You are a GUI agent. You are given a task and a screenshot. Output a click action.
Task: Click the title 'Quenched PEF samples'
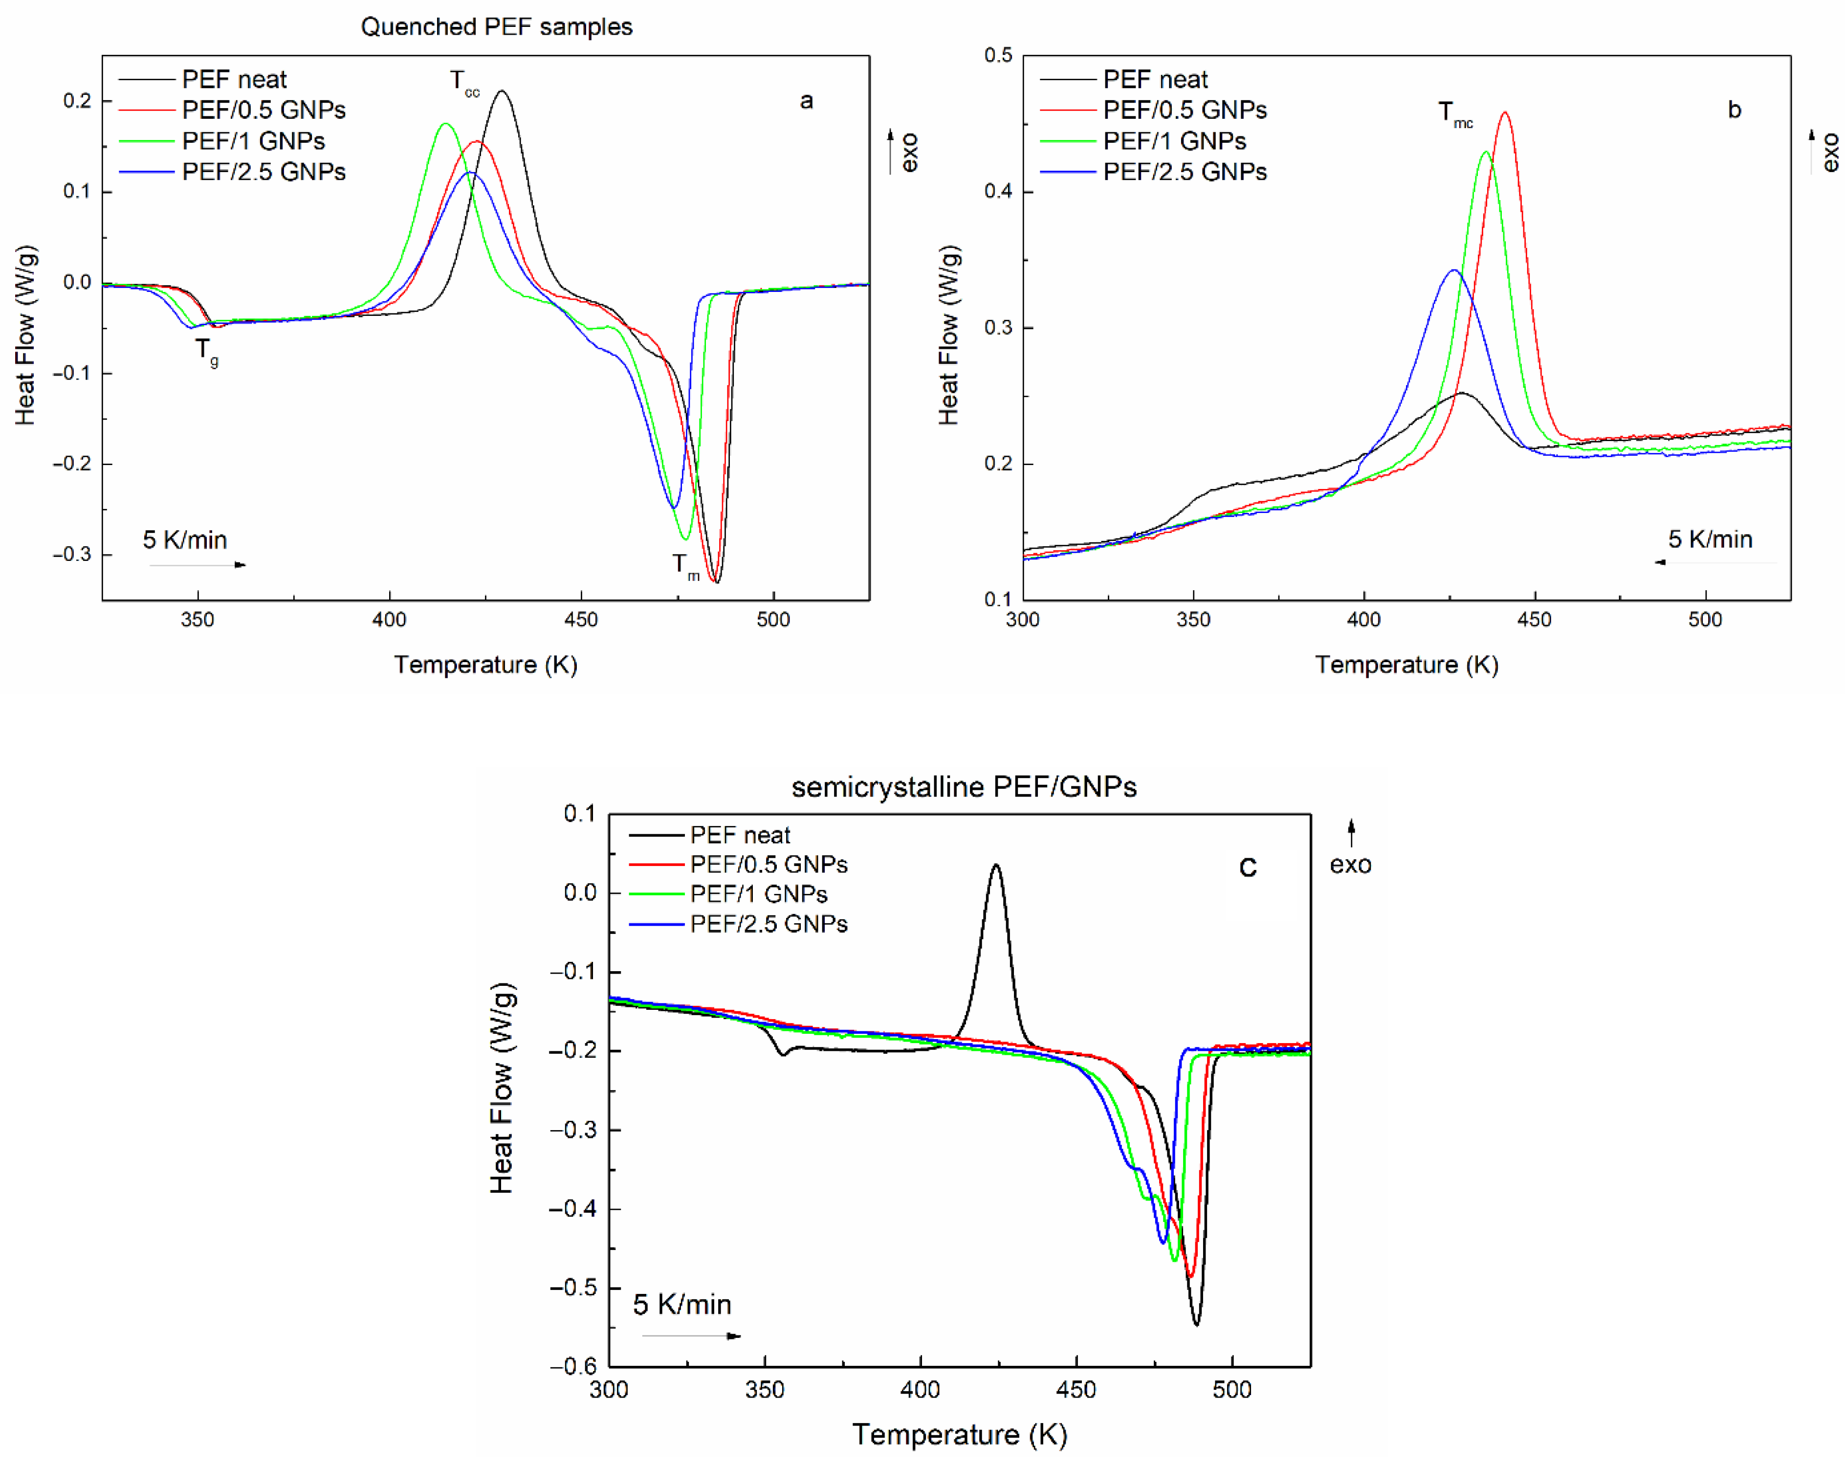[x=496, y=26]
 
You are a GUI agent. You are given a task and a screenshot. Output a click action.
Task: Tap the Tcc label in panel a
[x=465, y=83]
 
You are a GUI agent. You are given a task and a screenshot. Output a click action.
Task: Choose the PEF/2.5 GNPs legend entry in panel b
[x=1185, y=172]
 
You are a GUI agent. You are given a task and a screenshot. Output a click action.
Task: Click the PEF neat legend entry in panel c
[x=739, y=835]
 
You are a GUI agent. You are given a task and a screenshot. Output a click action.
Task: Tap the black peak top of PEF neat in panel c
[x=995, y=866]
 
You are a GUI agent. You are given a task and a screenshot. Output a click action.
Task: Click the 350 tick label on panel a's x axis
[x=198, y=620]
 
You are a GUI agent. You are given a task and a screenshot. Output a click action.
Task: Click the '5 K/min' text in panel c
[x=682, y=1305]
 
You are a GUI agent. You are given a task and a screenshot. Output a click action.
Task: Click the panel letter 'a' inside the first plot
[x=806, y=102]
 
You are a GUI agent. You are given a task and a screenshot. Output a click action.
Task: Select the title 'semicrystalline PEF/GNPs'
[x=964, y=787]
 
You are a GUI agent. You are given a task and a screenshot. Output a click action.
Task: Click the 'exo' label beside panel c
[x=1350, y=865]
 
